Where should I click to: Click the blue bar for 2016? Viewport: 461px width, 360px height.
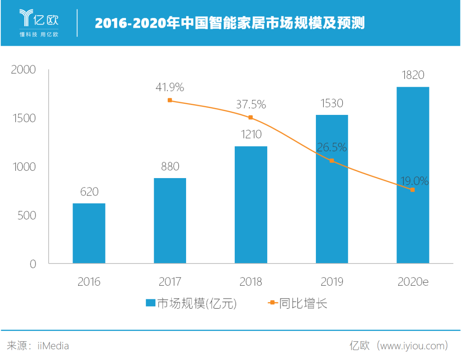point(89,233)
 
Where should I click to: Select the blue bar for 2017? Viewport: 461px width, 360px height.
point(170,220)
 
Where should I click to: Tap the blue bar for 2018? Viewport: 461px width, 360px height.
point(251,205)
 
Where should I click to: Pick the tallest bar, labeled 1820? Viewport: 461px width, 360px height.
point(413,175)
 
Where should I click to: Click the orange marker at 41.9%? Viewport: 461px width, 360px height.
point(170,100)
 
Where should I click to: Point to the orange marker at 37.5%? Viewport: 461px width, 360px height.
point(251,117)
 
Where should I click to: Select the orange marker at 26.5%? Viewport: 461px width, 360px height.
point(332,161)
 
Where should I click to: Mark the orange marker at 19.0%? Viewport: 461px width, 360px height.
point(412,190)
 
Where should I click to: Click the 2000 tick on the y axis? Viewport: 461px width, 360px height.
point(23,70)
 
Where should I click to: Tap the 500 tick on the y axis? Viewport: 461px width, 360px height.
point(26,215)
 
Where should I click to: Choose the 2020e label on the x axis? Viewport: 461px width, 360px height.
point(413,282)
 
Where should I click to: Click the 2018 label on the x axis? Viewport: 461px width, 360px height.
point(251,282)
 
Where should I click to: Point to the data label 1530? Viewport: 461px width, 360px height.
point(332,103)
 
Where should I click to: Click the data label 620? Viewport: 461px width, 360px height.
point(89,192)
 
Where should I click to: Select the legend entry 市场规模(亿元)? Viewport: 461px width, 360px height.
point(191,303)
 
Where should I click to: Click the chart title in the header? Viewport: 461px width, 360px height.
point(230,23)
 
